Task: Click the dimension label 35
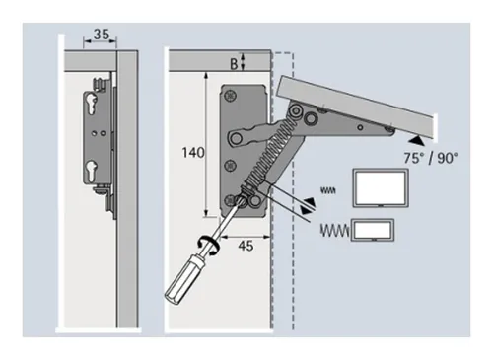click(x=100, y=34)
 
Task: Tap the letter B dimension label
click(x=234, y=64)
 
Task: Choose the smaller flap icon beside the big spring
click(x=376, y=232)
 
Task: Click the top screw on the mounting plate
click(x=231, y=95)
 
